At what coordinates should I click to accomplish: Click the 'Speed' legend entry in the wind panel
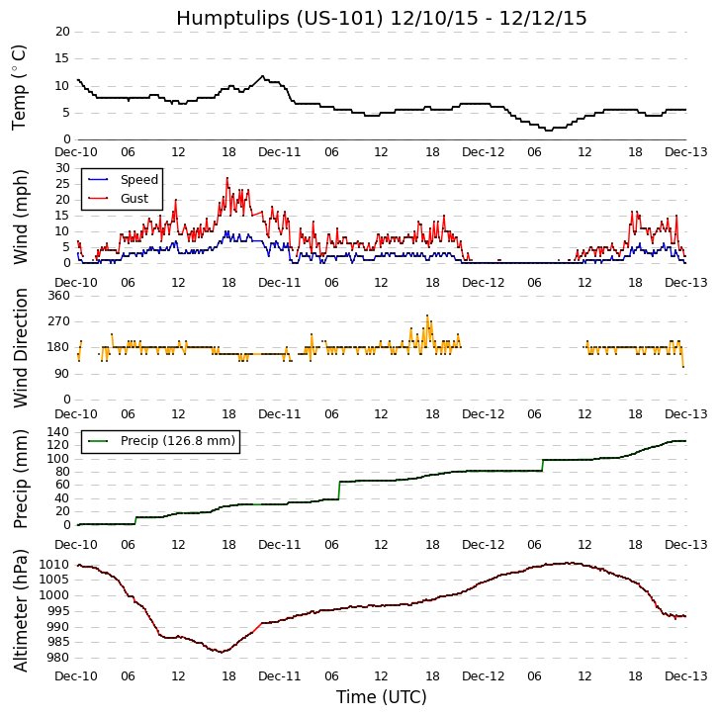click(138, 180)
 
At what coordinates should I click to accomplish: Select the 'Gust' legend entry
click(135, 199)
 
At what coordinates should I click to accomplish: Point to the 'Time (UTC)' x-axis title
click(381, 697)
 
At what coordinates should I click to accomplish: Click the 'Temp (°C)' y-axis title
click(20, 86)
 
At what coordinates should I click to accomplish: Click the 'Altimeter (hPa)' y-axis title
click(20, 610)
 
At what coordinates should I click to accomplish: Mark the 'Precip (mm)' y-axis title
click(20, 479)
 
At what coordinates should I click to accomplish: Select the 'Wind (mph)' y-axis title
click(20, 216)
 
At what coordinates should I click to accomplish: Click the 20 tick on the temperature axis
click(62, 32)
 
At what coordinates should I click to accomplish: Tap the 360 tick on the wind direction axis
click(58, 296)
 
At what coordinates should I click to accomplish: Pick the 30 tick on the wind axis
click(62, 168)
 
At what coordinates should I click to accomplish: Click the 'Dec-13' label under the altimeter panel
click(685, 676)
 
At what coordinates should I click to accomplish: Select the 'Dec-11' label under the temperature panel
click(280, 152)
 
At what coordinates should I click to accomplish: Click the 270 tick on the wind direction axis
click(58, 321)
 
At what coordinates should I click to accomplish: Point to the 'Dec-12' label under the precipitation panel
click(483, 545)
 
